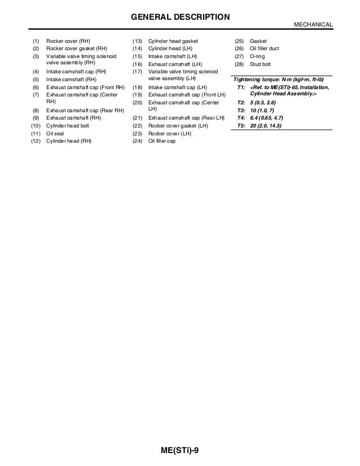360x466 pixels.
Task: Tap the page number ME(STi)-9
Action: pos(180,450)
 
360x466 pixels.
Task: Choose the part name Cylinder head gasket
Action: pos(173,42)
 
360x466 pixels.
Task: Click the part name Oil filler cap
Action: pos(162,142)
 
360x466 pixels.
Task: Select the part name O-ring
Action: pos(258,57)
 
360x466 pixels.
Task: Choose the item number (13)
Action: pos(137,42)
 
